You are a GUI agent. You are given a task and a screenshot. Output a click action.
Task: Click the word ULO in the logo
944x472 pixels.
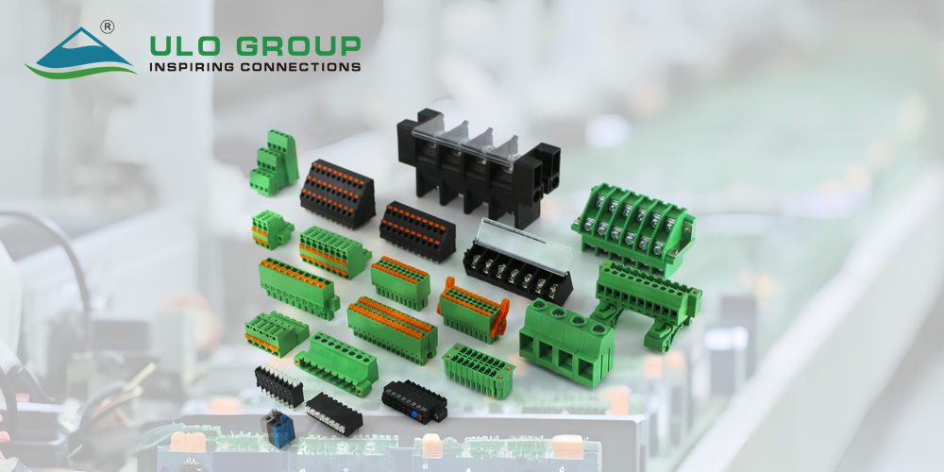(184, 46)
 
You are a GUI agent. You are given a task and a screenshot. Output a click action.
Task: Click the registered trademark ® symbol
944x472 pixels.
(108, 26)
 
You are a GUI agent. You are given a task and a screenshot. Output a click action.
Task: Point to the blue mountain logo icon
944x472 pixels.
(80, 52)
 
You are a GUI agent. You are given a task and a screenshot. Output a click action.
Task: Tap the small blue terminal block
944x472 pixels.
(278, 428)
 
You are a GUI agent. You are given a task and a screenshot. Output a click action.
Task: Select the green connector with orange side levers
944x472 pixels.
(473, 309)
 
